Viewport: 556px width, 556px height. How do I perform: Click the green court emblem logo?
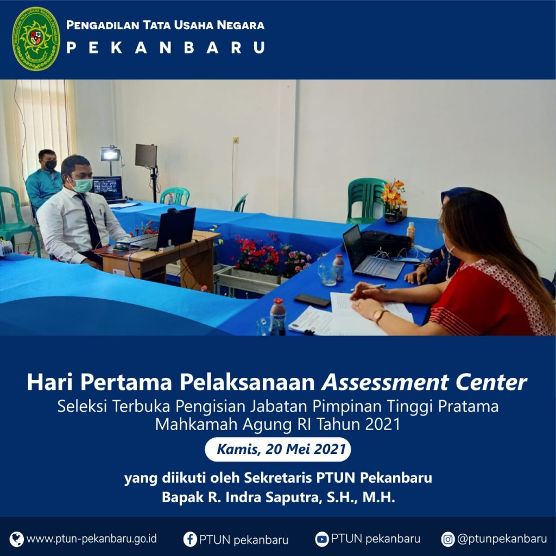(x=36, y=39)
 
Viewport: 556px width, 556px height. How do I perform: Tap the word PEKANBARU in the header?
(x=166, y=48)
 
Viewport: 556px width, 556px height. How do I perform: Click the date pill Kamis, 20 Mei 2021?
(x=277, y=449)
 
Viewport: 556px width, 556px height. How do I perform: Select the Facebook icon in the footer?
(x=190, y=539)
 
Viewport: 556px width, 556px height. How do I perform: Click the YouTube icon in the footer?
(x=321, y=539)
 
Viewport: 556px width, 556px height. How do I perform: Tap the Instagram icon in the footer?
(x=448, y=539)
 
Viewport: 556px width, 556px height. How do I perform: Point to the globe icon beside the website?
(x=17, y=539)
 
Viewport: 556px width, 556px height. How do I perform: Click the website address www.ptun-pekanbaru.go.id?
(x=91, y=539)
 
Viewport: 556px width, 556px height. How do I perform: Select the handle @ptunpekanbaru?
(x=502, y=539)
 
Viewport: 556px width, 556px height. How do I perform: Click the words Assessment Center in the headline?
(x=424, y=382)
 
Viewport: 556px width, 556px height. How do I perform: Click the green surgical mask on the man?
(x=83, y=185)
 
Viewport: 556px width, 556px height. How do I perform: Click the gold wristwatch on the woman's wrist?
(x=380, y=315)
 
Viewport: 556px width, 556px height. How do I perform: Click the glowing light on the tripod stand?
(x=110, y=154)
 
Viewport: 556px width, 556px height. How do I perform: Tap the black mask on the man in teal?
(x=50, y=165)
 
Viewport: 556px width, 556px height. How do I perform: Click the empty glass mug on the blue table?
(x=326, y=274)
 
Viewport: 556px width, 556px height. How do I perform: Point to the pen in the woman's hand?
(x=369, y=287)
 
